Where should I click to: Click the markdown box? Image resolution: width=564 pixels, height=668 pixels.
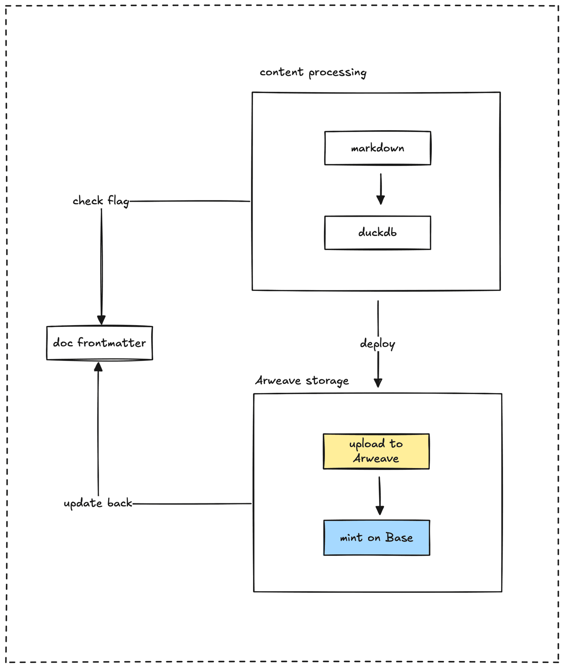[x=377, y=148]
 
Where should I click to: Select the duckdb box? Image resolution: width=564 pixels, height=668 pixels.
[x=377, y=233]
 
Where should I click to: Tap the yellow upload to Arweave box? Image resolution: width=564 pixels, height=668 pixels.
[x=376, y=451]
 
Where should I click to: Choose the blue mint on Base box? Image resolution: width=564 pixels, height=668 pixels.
[x=377, y=537]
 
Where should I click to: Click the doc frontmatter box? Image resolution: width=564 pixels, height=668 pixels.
[x=99, y=343]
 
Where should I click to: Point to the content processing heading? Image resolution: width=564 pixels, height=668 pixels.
[x=313, y=73]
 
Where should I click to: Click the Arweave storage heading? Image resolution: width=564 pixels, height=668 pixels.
[x=302, y=381]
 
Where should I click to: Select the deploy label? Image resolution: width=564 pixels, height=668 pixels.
[x=377, y=344]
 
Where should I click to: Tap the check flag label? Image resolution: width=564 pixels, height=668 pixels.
[x=101, y=201]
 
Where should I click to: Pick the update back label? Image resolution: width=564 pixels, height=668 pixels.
[x=98, y=503]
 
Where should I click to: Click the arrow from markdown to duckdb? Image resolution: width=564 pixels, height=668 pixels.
[x=380, y=189]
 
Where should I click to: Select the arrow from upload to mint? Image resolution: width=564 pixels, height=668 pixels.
[x=379, y=496]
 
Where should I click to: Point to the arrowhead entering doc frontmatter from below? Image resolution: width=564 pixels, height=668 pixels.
[x=98, y=367]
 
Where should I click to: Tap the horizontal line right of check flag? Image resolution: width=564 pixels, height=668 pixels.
[x=190, y=201]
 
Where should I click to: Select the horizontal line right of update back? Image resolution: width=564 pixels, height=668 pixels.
[x=192, y=504]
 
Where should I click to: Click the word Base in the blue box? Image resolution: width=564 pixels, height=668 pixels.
[x=399, y=537]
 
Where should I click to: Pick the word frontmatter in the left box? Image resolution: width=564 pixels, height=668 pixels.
[x=111, y=343]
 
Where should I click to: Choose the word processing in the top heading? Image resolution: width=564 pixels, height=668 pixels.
[x=337, y=73]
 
